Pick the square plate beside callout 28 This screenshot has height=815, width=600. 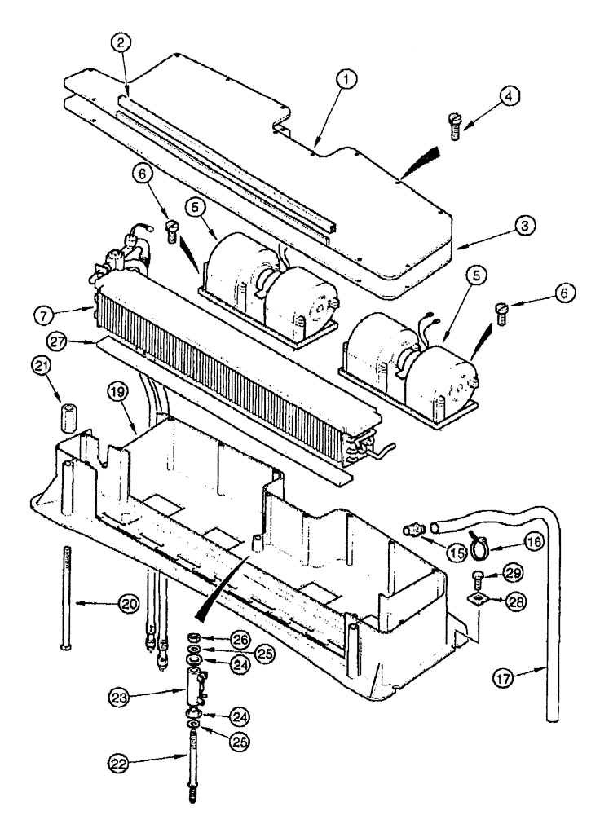(x=477, y=601)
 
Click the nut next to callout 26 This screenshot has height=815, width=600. (x=196, y=637)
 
